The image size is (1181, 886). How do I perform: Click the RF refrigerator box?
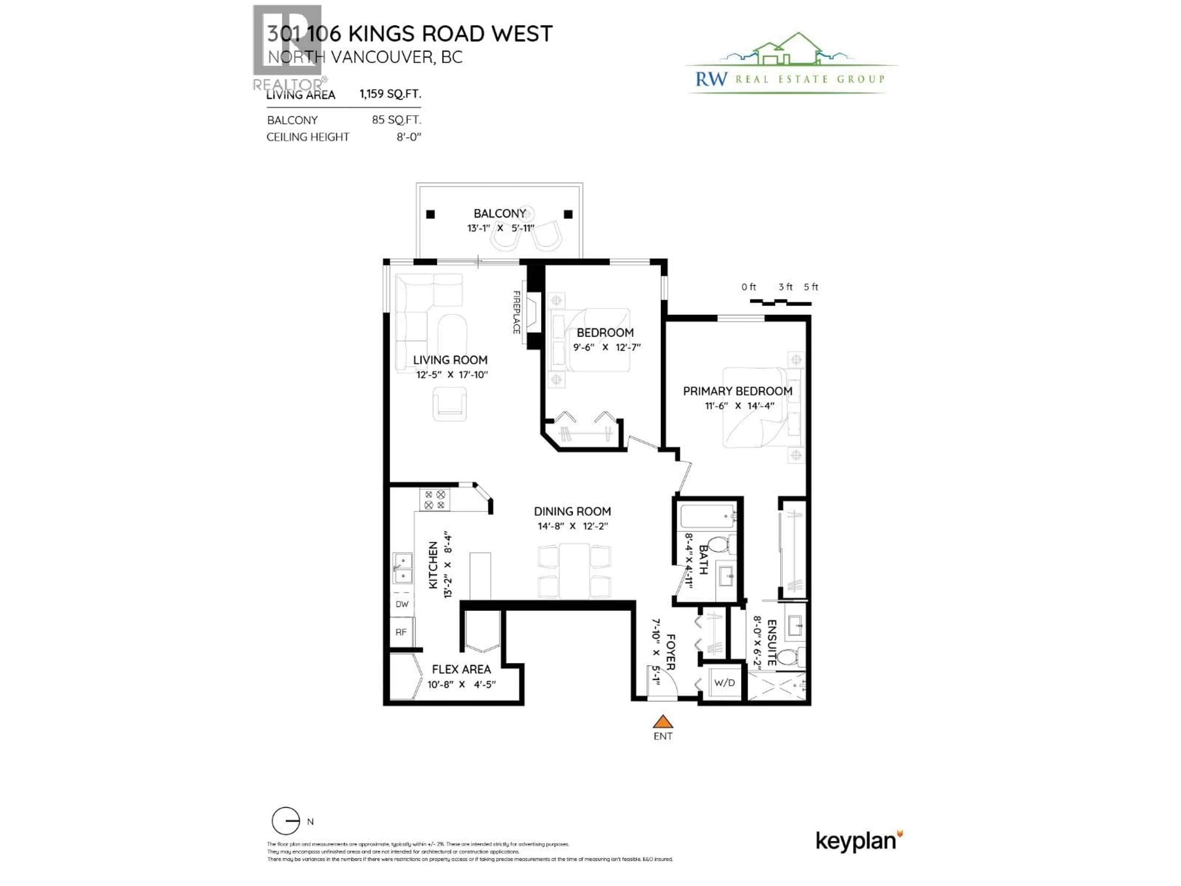pyautogui.click(x=401, y=632)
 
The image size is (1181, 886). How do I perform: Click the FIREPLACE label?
pyautogui.click(x=516, y=313)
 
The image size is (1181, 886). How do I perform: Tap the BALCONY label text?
pyautogui.click(x=499, y=214)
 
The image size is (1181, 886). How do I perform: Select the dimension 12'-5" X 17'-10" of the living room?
pyautogui.click(x=452, y=375)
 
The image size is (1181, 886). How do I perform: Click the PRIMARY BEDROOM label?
pyautogui.click(x=737, y=391)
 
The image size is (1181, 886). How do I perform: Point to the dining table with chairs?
pyautogui.click(x=574, y=570)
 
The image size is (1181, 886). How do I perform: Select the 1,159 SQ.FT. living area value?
pyautogui.click(x=390, y=94)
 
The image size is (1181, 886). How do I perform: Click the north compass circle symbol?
pyautogui.click(x=286, y=821)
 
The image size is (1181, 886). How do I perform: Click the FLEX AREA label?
pyautogui.click(x=461, y=669)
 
